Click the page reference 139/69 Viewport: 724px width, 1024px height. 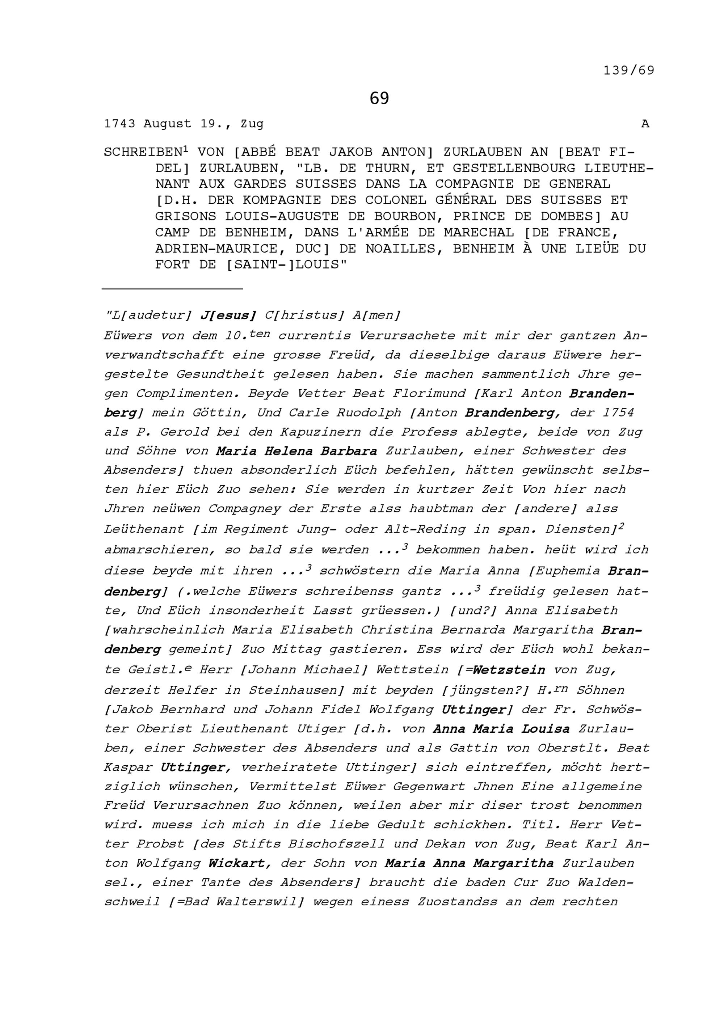click(629, 71)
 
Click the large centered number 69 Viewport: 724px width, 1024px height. click(379, 98)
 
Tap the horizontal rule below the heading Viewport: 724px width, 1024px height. click(172, 289)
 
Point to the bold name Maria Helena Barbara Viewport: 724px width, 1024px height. click(296, 451)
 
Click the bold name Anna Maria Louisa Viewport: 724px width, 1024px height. click(501, 729)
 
